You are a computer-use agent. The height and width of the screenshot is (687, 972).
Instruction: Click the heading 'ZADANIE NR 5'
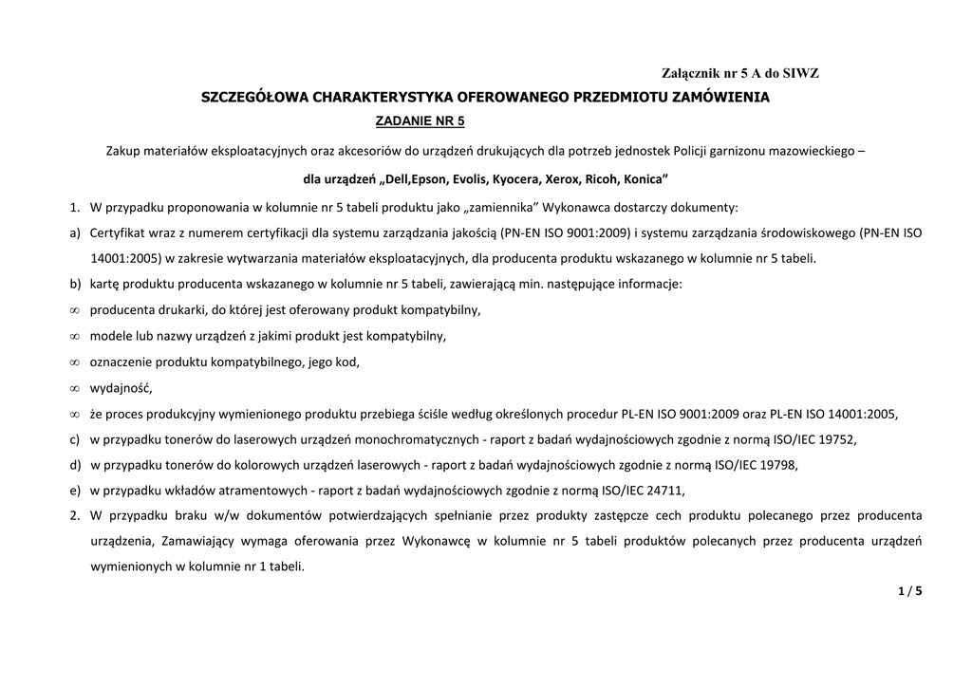click(x=421, y=121)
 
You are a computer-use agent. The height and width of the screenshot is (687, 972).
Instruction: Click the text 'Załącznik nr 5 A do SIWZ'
click(x=739, y=73)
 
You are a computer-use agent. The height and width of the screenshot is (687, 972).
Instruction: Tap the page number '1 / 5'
click(x=909, y=591)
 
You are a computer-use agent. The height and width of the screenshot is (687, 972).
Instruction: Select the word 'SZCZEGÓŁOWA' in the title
click(x=253, y=97)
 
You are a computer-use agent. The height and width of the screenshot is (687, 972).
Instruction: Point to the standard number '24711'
click(x=663, y=491)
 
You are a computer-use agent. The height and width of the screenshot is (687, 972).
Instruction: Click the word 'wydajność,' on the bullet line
click(x=121, y=387)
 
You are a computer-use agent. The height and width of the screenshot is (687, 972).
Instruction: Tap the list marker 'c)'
click(x=75, y=439)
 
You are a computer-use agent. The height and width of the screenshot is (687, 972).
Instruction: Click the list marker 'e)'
click(x=75, y=491)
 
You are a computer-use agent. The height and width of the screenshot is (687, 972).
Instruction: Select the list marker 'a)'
click(x=75, y=232)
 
